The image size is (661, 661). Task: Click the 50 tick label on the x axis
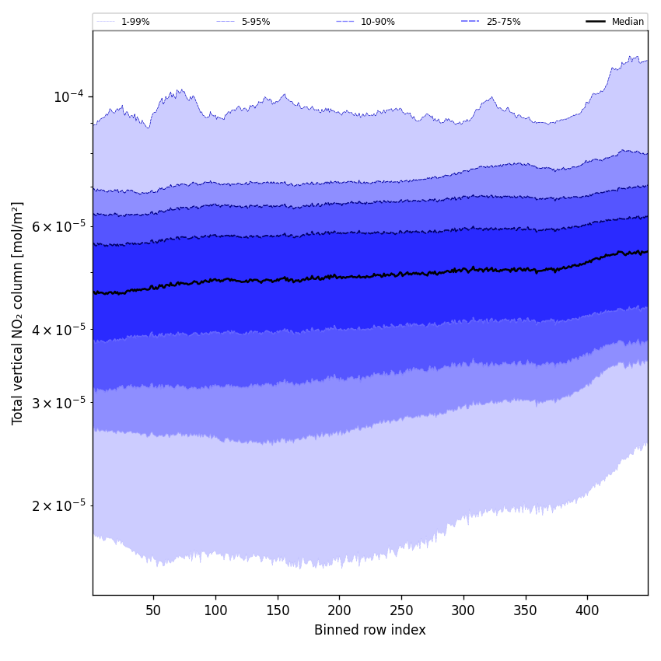click(153, 610)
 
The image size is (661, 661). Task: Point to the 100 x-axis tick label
click(215, 610)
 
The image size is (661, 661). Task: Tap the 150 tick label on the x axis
click(278, 610)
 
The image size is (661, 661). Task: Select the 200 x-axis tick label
click(339, 610)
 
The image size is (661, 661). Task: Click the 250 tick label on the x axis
click(401, 610)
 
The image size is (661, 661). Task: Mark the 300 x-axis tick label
click(463, 610)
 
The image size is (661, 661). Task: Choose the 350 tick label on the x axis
click(526, 610)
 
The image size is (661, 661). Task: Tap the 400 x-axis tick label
click(587, 610)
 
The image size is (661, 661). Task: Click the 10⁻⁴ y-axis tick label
click(68, 96)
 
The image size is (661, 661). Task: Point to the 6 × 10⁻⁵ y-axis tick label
click(56, 226)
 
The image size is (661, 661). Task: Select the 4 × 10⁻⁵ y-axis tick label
click(56, 329)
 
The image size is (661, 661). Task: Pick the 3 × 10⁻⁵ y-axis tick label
click(56, 402)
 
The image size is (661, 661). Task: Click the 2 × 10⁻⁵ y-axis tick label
click(56, 505)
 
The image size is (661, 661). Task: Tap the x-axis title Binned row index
click(370, 630)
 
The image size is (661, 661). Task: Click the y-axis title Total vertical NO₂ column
click(18, 313)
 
